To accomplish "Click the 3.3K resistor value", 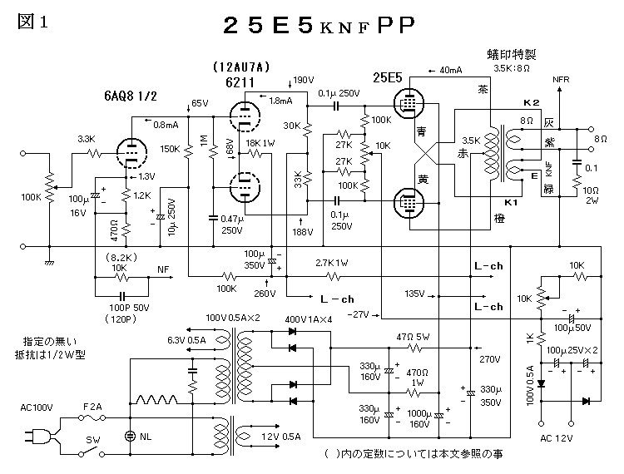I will pos(87,138).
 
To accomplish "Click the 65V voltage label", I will pos(199,103).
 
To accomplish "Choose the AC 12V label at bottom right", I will pos(557,437).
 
